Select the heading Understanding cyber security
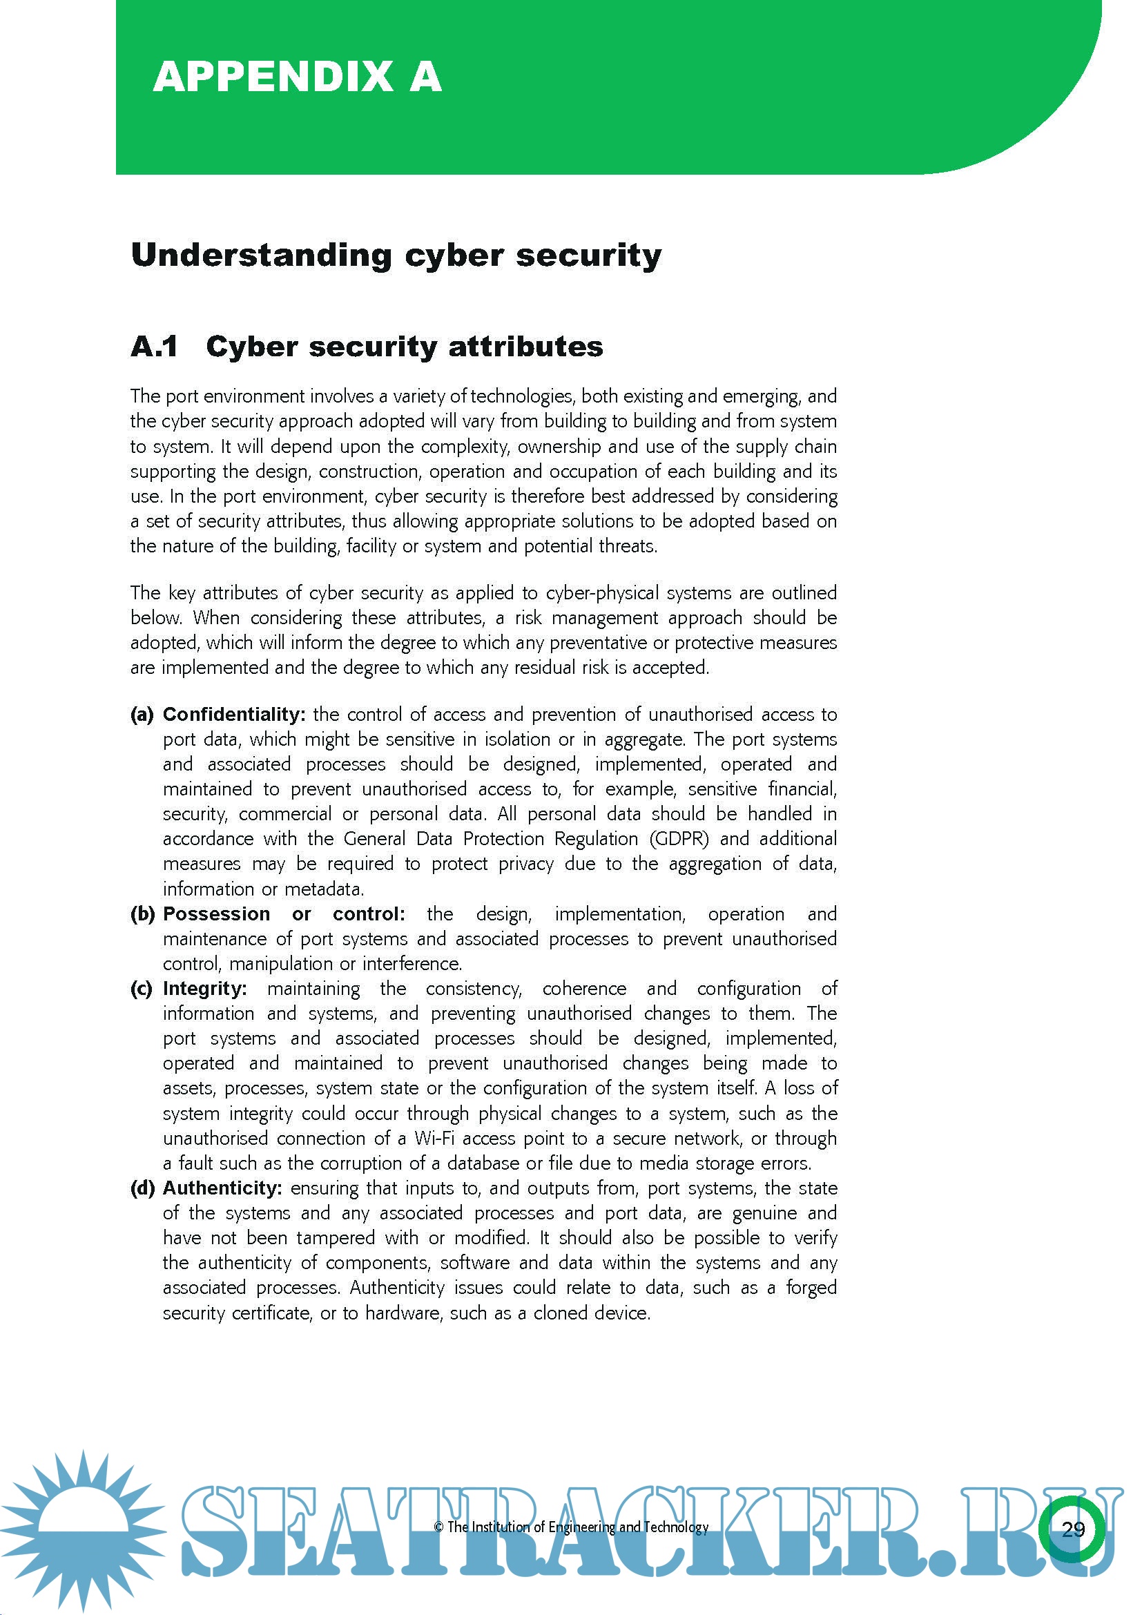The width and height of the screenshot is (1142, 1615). click(x=396, y=255)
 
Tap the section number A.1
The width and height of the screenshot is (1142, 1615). click(x=154, y=347)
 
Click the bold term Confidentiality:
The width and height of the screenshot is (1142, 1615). click(x=234, y=714)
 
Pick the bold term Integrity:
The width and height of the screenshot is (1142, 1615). click(x=204, y=988)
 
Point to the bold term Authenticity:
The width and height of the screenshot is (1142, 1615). click(x=222, y=1188)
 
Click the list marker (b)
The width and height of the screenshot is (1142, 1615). click(x=142, y=913)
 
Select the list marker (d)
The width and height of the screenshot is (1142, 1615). click(x=142, y=1188)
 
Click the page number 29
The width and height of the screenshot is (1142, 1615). click(x=1073, y=1529)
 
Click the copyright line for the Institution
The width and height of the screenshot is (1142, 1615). click(x=571, y=1527)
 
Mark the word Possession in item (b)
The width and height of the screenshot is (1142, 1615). click(x=217, y=913)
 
